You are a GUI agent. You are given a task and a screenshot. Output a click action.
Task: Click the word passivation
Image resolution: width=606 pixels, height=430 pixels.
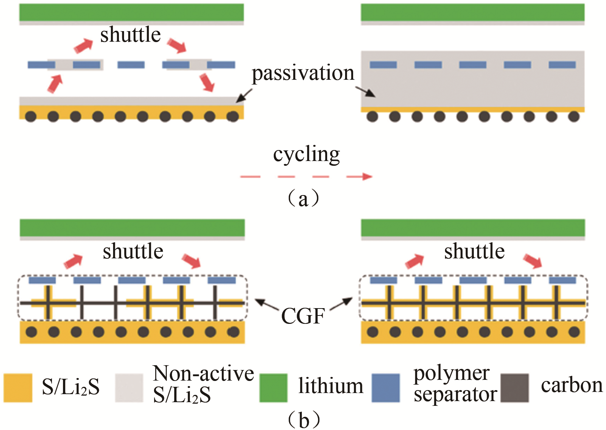pyautogui.click(x=303, y=73)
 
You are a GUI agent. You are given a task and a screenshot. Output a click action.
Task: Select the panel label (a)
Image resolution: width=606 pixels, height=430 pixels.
pyautogui.click(x=303, y=199)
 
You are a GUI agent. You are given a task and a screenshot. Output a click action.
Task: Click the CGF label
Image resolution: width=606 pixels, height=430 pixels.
pyautogui.click(x=303, y=316)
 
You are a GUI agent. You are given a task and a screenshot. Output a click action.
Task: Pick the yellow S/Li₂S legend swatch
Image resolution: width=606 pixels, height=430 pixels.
pyautogui.click(x=18, y=388)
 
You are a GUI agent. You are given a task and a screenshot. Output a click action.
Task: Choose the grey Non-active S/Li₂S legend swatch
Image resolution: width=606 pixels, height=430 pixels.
pyautogui.click(x=129, y=388)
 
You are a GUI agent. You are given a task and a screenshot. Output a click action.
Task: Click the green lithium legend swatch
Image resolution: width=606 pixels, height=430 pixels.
pyautogui.click(x=273, y=388)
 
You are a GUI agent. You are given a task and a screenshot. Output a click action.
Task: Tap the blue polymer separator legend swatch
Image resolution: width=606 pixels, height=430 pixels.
pyautogui.click(x=386, y=388)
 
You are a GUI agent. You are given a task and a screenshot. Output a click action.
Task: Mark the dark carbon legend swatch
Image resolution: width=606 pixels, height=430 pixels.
pyautogui.click(x=515, y=388)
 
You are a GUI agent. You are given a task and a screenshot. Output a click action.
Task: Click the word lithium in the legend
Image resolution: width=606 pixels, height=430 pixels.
pyautogui.click(x=331, y=386)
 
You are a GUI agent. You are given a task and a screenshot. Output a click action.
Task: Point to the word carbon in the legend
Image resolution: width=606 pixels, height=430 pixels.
pyautogui.click(x=572, y=385)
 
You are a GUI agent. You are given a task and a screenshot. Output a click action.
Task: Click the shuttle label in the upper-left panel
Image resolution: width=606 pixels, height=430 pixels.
pyautogui.click(x=130, y=35)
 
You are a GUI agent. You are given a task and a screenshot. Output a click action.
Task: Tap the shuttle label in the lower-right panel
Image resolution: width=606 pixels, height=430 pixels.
pyautogui.click(x=474, y=251)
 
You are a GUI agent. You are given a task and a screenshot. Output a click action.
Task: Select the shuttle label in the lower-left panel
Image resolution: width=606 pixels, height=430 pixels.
pyautogui.click(x=133, y=251)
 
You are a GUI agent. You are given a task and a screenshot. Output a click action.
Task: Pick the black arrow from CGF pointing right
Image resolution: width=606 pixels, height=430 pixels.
pyautogui.click(x=342, y=303)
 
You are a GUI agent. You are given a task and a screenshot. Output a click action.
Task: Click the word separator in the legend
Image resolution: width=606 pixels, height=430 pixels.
pyautogui.click(x=455, y=395)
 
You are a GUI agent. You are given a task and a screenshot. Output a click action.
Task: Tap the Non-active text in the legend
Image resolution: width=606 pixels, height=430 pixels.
pyautogui.click(x=203, y=374)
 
